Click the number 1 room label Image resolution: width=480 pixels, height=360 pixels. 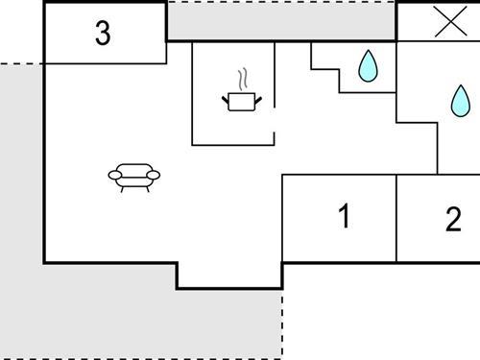344,218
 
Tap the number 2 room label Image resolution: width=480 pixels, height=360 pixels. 453,220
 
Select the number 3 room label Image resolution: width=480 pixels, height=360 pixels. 103,34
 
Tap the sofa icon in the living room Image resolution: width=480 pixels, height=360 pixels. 134,176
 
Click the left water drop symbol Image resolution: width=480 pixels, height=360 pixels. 367,65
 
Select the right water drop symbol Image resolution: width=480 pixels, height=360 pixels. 461,99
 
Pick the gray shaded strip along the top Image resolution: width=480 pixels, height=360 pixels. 281,19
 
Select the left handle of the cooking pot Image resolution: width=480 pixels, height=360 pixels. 226,98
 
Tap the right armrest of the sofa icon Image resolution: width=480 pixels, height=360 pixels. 155,175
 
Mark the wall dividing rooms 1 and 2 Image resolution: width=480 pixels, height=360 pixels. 396,218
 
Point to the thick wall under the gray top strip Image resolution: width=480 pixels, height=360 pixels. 281,40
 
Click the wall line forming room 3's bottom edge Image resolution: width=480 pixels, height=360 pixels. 105,64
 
